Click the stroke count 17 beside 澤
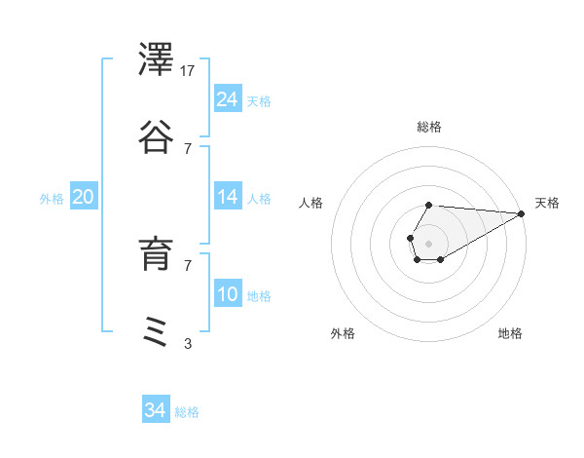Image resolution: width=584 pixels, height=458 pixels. click(189, 71)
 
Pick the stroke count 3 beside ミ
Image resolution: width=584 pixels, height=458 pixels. click(188, 343)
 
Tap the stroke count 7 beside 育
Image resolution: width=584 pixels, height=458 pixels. click(188, 264)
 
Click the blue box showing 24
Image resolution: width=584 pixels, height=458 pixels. click(228, 99)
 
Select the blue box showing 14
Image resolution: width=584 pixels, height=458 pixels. click(228, 197)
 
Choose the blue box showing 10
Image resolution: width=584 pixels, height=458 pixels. click(228, 294)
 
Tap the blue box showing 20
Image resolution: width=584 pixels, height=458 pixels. click(83, 197)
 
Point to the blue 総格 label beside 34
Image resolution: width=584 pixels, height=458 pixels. click(187, 412)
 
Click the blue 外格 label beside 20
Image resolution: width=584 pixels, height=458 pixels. click(52, 199)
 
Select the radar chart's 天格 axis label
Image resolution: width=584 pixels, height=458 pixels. click(547, 203)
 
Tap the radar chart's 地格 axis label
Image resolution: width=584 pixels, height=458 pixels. click(510, 333)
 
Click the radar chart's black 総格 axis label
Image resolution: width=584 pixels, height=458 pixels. click(429, 127)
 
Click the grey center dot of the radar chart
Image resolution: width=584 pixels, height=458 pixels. click(428, 242)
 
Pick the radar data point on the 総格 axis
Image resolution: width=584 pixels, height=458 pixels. click(428, 205)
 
